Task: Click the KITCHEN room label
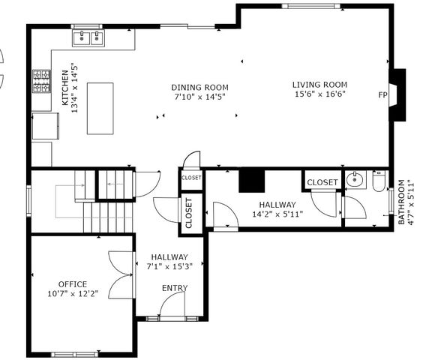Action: tap(64, 88)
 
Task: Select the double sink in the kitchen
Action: tap(88, 37)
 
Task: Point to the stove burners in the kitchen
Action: tap(40, 82)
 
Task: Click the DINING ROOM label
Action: tap(199, 87)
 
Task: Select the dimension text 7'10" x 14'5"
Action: tap(199, 97)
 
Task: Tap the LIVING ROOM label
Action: tap(318, 84)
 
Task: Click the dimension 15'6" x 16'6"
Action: tap(318, 94)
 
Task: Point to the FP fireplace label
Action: tap(383, 96)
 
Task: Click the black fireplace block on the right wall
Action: tap(400, 95)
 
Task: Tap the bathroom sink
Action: tap(354, 181)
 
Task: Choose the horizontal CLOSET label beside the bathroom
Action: tap(322, 182)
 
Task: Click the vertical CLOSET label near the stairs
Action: tap(189, 212)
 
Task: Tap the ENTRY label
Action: tap(175, 288)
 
